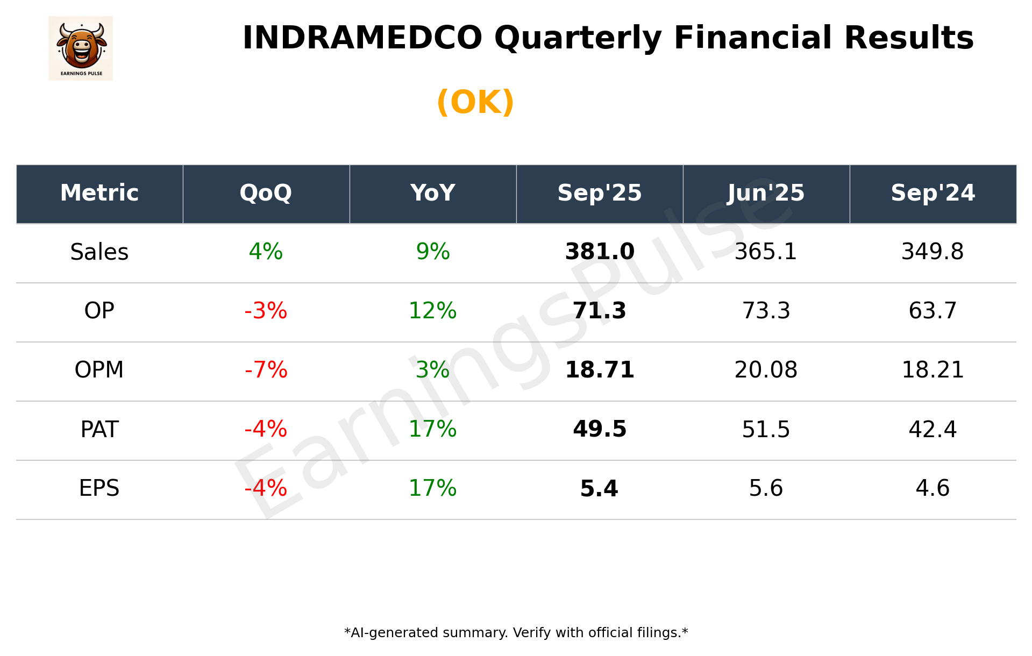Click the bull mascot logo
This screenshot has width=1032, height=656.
pyautogui.click(x=81, y=48)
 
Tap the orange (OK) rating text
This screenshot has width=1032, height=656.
pyautogui.click(x=475, y=102)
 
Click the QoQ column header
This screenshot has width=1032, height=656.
pyautogui.click(x=266, y=193)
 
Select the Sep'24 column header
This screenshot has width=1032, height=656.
pyautogui.click(x=933, y=193)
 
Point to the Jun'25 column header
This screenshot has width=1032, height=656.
pyautogui.click(x=766, y=193)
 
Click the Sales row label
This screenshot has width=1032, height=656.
pyautogui.click(x=99, y=252)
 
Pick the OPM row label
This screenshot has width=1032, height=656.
pyautogui.click(x=99, y=370)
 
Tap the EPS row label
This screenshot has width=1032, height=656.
pyautogui.click(x=99, y=488)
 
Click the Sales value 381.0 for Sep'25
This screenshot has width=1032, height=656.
pyautogui.click(x=600, y=252)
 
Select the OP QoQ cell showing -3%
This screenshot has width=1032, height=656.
pyautogui.click(x=266, y=311)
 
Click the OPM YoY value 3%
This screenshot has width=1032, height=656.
pyautogui.click(x=432, y=370)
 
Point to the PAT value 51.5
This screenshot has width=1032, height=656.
pyautogui.click(x=766, y=430)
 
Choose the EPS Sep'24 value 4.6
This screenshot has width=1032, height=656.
pyautogui.click(x=933, y=488)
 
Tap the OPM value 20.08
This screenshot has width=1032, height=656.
pyautogui.click(x=766, y=370)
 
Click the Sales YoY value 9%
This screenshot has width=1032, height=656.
pyautogui.click(x=432, y=252)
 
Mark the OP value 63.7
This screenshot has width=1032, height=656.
pyautogui.click(x=933, y=311)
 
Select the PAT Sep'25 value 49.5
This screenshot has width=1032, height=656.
pyautogui.click(x=600, y=430)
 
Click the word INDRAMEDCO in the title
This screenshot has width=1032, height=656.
pyautogui.click(x=362, y=38)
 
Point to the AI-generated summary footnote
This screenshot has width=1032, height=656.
pyautogui.click(x=516, y=633)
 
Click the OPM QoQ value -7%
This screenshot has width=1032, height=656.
pyautogui.click(x=266, y=370)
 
